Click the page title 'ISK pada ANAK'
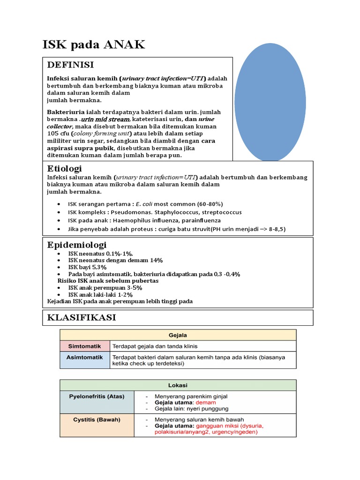pos(94,45)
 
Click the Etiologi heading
pos(65,168)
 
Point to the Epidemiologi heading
pos(77,245)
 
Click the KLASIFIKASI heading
pos(82,317)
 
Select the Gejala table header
pos(178,335)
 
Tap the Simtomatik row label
pos(84,346)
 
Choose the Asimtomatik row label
pos(84,357)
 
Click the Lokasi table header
pos(178,385)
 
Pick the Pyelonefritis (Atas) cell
pos(97,396)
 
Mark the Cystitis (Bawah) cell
pos(97,420)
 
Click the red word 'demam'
pos(206,403)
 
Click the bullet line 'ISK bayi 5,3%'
pos(87,267)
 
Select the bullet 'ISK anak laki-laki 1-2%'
pos(100,294)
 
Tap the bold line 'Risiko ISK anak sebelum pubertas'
pos(108,281)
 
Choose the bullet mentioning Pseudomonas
pos(155,212)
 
